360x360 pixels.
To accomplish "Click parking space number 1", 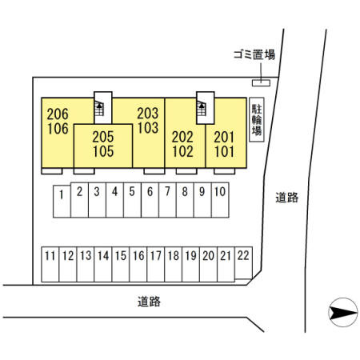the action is click(62, 202).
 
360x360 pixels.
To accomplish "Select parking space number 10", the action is click(220, 200).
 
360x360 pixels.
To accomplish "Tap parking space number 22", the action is click(243, 263).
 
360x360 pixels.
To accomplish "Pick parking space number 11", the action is click(50, 264).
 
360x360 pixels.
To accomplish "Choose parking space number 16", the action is click(138, 264).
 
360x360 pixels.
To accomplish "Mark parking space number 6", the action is click(150, 200).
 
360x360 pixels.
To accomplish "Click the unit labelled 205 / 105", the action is click(103, 146).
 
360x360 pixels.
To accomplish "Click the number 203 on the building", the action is click(148, 114).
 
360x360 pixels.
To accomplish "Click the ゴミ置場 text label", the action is click(254, 54).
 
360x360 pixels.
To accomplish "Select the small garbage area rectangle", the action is click(261, 83).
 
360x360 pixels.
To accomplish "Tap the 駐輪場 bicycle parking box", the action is click(257, 119).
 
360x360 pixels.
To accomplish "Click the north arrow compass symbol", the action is click(343, 312).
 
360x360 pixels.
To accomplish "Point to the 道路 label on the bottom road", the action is click(149, 302).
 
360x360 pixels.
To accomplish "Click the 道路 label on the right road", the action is click(286, 198).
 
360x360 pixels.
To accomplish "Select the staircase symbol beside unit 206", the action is click(99, 108).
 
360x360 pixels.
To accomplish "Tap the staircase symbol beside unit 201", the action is click(202, 108).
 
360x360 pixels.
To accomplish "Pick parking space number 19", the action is click(191, 264).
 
